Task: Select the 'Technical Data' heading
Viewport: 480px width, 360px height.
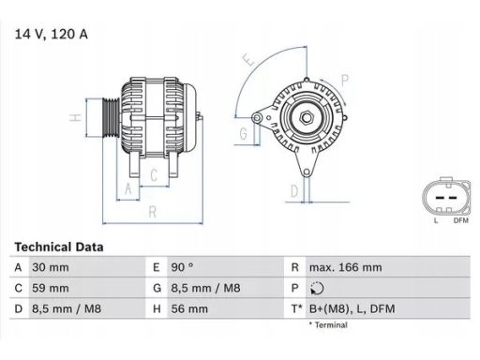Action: (58, 247)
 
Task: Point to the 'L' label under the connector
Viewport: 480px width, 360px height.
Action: (436, 220)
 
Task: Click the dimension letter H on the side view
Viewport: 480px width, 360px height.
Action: (74, 118)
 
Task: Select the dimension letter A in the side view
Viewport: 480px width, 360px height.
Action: (127, 190)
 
